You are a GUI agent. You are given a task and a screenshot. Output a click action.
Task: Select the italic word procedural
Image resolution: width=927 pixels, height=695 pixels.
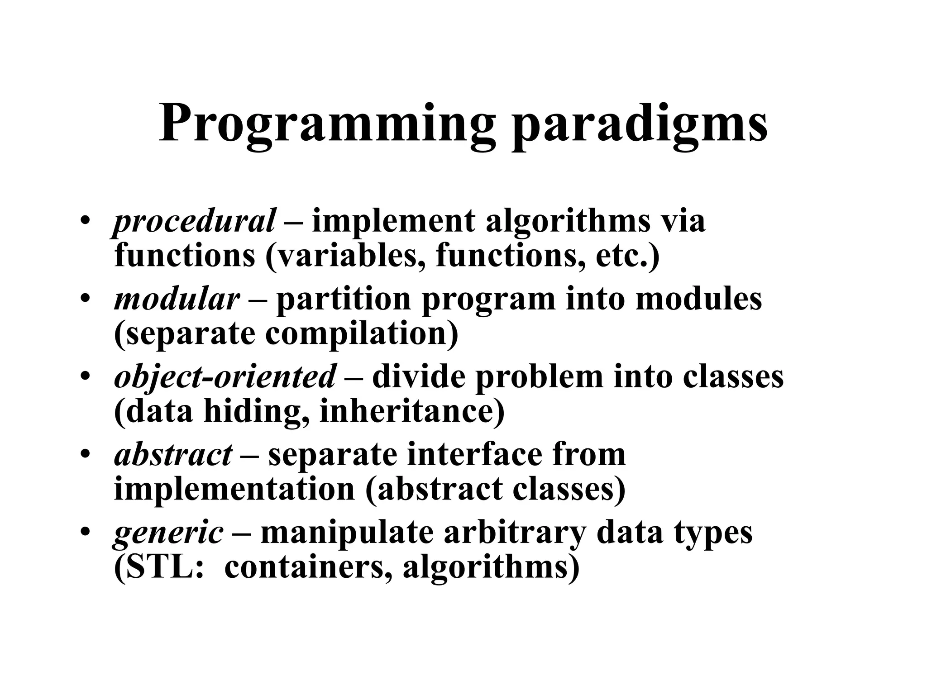point(194,222)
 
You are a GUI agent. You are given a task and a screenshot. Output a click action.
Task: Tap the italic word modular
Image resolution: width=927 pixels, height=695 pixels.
point(177,300)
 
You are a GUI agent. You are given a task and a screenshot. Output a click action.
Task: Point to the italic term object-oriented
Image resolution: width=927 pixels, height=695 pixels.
point(225,377)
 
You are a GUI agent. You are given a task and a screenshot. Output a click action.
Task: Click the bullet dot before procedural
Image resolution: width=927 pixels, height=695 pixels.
point(85,222)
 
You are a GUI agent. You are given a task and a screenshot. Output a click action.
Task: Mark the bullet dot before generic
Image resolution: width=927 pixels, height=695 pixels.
point(85,533)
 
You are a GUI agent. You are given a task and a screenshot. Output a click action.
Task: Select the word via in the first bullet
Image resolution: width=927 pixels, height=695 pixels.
point(683,222)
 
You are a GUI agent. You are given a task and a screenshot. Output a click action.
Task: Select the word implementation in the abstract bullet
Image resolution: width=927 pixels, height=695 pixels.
point(234,489)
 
